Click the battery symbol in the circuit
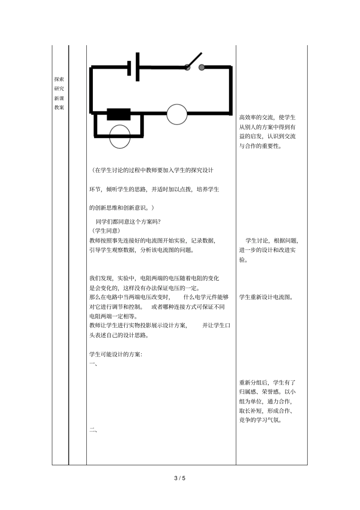[133, 67]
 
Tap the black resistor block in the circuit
[119, 114]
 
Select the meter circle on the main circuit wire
[177, 114]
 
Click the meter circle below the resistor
[120, 136]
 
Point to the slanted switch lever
[194, 60]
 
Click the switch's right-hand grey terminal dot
[202, 67]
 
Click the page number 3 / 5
[180, 478]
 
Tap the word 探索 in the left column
[59, 79]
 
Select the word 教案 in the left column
[59, 107]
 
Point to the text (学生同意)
[106, 231]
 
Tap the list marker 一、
[93, 364]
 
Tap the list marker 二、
[93, 430]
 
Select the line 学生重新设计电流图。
[266, 297]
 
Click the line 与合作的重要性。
[261, 146]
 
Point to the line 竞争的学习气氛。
[261, 420]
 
